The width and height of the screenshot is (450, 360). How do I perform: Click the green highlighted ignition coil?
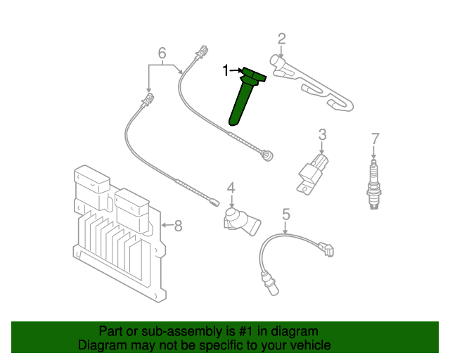coord(244,99)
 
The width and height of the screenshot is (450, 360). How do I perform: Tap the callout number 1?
coord(226,70)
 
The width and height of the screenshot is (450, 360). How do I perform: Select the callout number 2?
coord(281,39)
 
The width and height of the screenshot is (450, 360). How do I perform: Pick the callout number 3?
coord(322,134)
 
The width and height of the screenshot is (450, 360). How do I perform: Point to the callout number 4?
coord(230,188)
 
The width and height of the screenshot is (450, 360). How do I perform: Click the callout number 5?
coord(286,212)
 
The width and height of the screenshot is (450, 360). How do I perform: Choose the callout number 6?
coord(162,53)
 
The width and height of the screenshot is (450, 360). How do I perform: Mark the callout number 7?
coord(375,138)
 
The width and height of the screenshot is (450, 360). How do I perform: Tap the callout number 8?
coord(178,226)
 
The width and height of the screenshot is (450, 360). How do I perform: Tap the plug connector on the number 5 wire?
coord(326,249)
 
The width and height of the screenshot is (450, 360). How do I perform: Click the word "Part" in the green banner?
coord(112,331)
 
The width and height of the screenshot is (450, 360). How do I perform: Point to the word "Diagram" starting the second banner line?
coord(101,345)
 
